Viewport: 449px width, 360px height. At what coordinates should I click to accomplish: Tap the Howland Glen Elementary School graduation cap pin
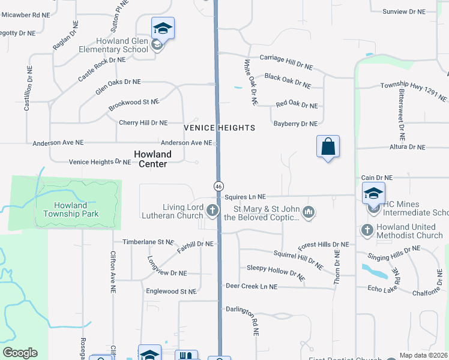[x=163, y=28]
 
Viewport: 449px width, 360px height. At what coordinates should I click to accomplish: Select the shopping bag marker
[x=328, y=146]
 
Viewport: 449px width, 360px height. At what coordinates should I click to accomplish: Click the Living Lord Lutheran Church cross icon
[x=212, y=211]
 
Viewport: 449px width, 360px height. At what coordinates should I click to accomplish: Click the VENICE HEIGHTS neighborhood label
[x=220, y=128]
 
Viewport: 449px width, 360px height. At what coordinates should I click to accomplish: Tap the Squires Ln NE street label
[x=245, y=196]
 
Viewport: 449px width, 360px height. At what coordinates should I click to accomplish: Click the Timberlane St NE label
[x=148, y=242]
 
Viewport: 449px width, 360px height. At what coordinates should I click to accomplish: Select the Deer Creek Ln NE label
[x=252, y=287]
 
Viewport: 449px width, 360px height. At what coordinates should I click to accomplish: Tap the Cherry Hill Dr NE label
[x=143, y=122]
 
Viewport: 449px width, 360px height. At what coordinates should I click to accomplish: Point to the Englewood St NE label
[x=171, y=291]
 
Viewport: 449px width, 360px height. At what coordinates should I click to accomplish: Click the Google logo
[x=20, y=353]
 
